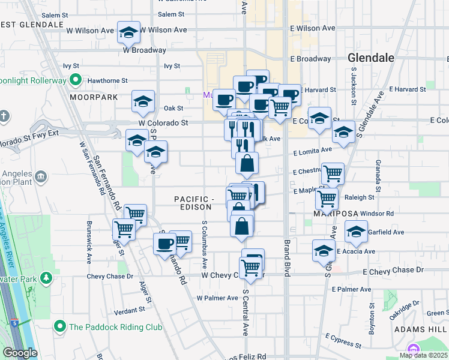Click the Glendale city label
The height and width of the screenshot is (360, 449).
click(371, 58)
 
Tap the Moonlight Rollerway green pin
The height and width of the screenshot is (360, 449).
click(76, 79)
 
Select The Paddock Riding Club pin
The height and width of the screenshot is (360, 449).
click(59, 326)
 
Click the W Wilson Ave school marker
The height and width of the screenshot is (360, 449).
click(128, 33)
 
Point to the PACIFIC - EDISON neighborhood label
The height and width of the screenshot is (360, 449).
click(194, 203)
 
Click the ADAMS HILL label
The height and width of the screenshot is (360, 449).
click(420, 329)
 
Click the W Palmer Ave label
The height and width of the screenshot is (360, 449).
click(217, 298)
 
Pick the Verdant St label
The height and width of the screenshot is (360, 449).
click(125, 310)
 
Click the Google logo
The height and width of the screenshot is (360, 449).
click(19, 352)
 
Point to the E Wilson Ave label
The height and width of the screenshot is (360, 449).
click(312, 28)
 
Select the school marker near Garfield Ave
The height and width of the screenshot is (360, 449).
click(356, 232)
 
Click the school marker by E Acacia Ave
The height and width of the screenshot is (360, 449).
click(324, 251)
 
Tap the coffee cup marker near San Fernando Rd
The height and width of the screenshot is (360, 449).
click(164, 244)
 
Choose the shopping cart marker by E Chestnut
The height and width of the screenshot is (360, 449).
click(333, 174)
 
